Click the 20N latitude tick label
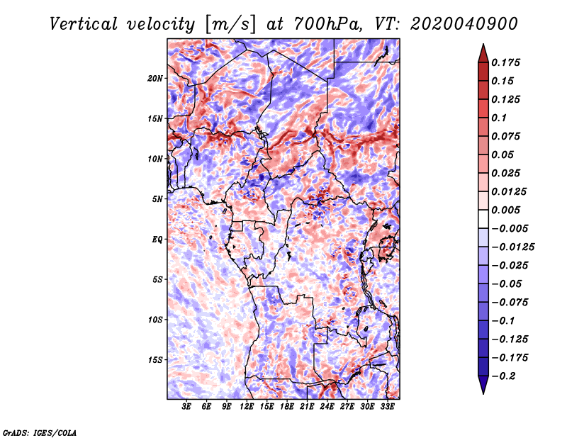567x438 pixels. coord(155,79)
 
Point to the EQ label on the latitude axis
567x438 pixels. coord(157,240)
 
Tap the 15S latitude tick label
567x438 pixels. coord(155,360)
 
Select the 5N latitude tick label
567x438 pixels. coord(157,199)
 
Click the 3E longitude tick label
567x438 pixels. coord(186,406)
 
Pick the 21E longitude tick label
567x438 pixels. coord(307,406)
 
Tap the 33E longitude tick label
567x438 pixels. coord(387,406)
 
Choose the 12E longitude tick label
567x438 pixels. coord(247,406)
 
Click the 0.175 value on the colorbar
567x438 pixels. coord(505,62)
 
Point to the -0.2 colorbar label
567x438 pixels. coord(503,376)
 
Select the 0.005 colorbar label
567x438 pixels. coord(505,210)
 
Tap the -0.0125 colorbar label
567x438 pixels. coord(512,247)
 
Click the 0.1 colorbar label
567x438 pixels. coord(499,118)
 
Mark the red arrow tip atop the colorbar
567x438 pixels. coord(483,44)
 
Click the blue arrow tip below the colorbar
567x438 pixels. coord(483,393)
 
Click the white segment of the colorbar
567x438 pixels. coord(483,219)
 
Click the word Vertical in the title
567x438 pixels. coord(84,24)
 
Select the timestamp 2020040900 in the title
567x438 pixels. coord(464,24)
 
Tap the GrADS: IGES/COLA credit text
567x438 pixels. coord(40,433)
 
